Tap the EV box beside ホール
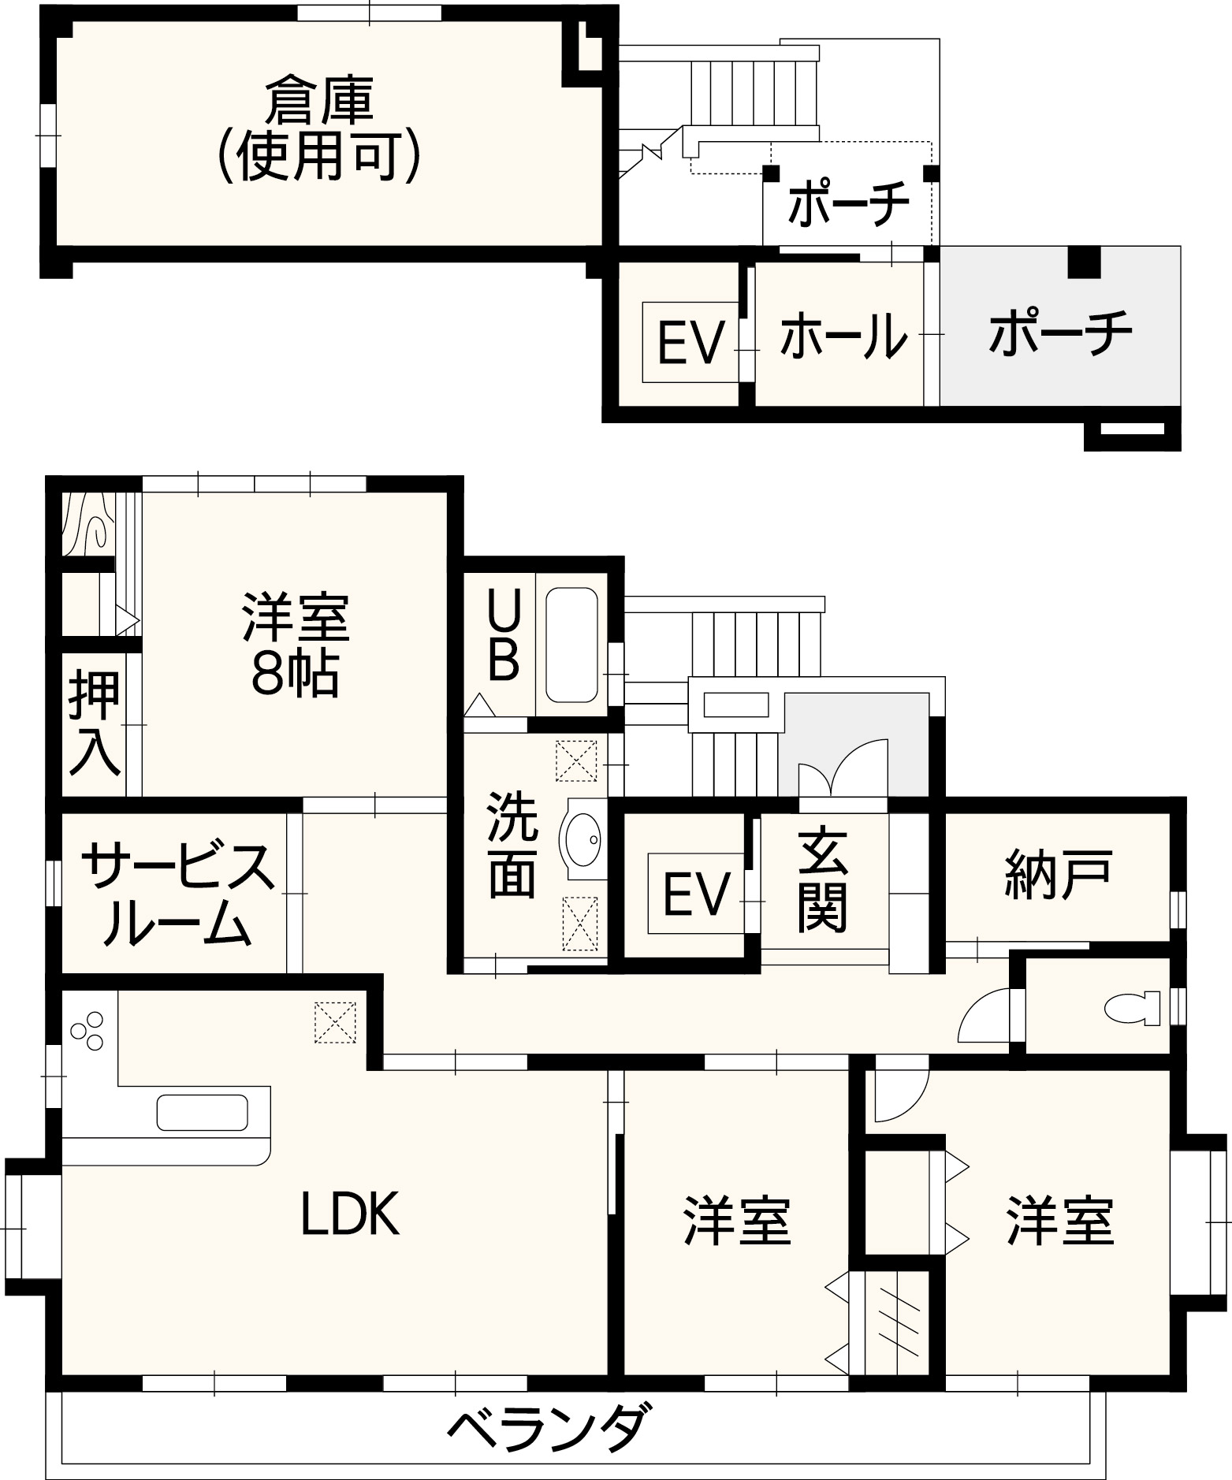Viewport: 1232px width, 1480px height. (690, 342)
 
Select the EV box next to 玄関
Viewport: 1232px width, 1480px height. (696, 894)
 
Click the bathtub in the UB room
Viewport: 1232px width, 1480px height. (571, 644)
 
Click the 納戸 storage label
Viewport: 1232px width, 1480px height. (1059, 873)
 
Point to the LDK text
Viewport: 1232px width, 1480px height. (351, 1213)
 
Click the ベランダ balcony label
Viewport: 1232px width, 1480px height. (551, 1430)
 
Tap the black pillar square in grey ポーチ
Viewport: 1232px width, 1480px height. (1084, 261)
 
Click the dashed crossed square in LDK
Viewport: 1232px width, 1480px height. (335, 1022)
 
